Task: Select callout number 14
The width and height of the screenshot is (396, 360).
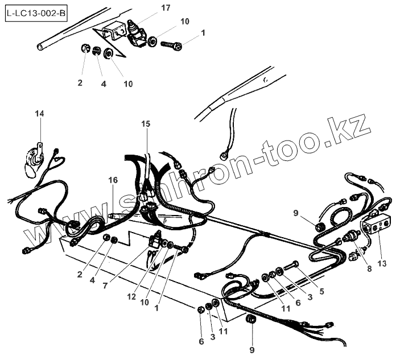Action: (39, 114)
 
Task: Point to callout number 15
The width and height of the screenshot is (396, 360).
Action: (146, 123)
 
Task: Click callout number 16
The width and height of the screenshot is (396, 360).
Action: (113, 180)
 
